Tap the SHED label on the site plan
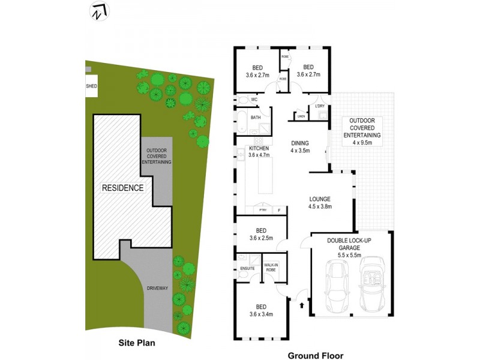(91, 86)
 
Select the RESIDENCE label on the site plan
(122, 188)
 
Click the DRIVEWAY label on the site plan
(157, 289)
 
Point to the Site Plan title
(136, 344)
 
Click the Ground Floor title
(312, 355)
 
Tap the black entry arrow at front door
(301, 307)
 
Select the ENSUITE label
(247, 268)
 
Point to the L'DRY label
(320, 107)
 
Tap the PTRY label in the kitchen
(263, 211)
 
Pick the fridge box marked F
(279, 211)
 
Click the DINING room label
(299, 143)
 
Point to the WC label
(254, 100)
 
